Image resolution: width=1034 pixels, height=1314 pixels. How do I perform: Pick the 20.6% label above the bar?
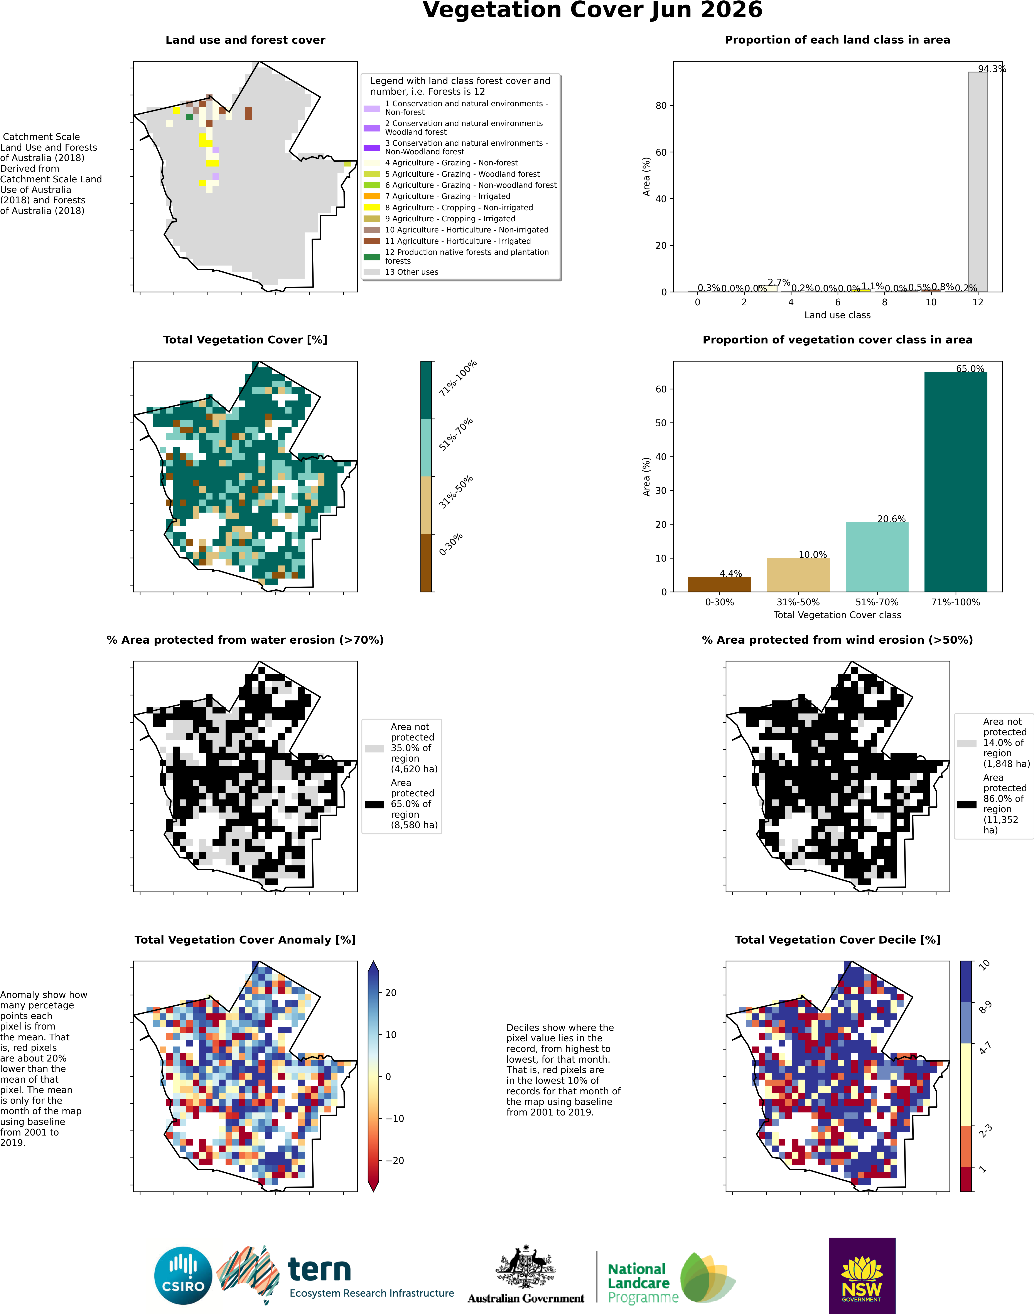click(891, 519)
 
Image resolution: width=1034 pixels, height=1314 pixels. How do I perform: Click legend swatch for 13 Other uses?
click(372, 272)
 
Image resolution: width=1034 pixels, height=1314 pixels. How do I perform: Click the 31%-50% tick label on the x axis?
click(798, 602)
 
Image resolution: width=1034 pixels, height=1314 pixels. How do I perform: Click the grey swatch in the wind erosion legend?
click(967, 743)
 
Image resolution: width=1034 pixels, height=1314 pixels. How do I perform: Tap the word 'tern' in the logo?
click(319, 1269)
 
